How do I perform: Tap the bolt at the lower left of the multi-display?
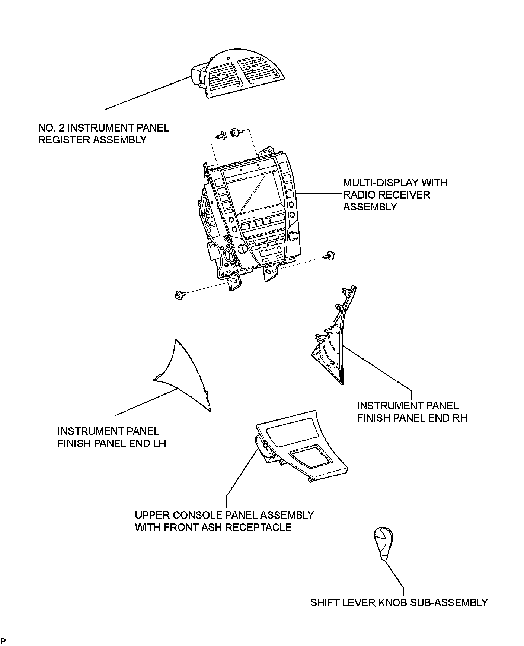[x=179, y=296]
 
